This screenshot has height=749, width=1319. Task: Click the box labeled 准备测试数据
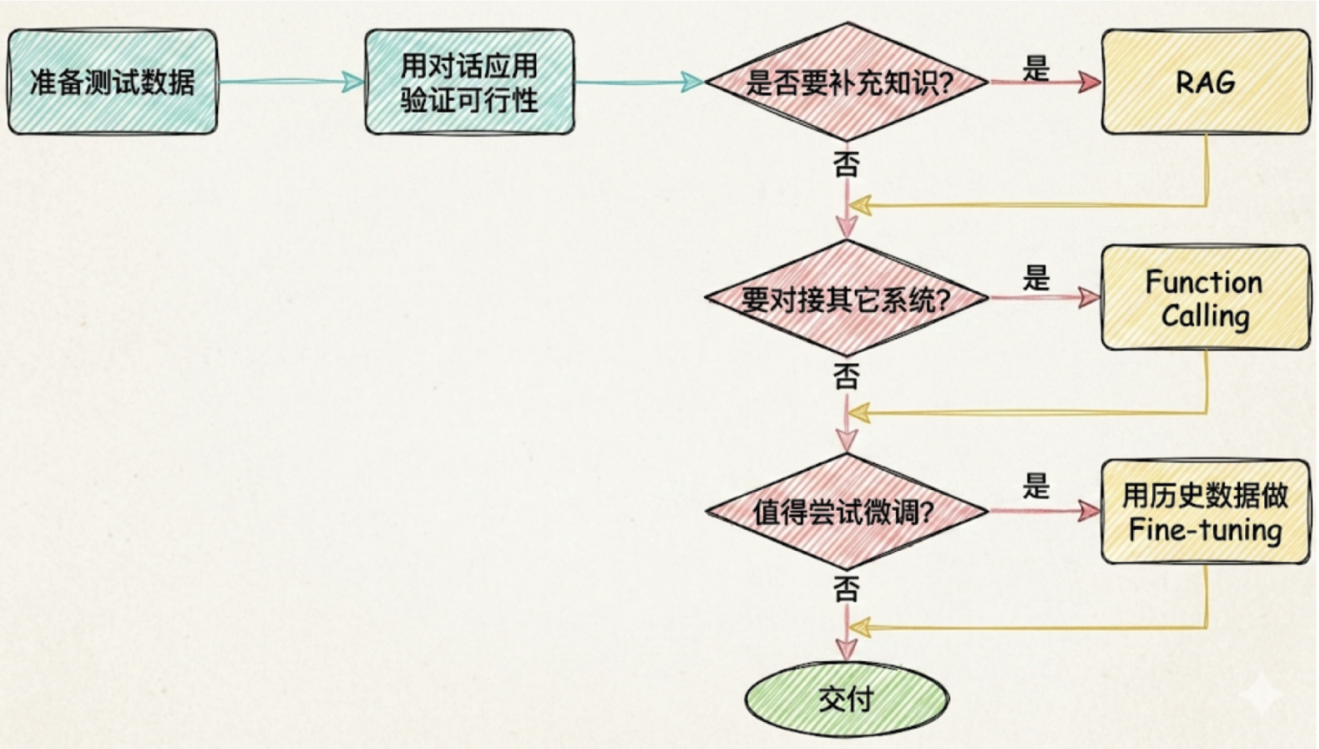112,82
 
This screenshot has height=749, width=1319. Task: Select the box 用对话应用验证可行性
469,82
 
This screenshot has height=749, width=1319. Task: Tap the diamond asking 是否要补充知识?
847,82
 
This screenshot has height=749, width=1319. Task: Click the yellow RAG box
1205,82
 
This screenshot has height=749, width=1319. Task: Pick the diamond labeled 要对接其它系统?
847,298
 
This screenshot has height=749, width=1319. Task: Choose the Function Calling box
1205,298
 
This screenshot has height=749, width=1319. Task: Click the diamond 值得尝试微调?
847,511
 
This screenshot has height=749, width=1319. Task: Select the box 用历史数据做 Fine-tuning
1205,512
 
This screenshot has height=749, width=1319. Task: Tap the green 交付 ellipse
847,699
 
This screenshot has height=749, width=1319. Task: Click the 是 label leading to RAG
1036,68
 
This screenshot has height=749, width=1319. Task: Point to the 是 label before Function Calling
1036,277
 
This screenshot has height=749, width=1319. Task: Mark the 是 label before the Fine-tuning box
1036,486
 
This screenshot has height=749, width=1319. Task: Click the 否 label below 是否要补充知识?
847,163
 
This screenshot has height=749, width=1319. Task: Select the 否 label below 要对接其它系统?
847,376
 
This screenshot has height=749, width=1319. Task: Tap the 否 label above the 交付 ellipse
847,589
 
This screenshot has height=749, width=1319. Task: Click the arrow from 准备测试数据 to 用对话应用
291,82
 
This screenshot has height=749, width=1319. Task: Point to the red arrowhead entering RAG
1090,82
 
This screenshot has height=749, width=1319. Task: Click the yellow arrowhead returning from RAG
860,206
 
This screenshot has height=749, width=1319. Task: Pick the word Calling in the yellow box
1205,316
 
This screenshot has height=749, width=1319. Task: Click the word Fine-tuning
1205,529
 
